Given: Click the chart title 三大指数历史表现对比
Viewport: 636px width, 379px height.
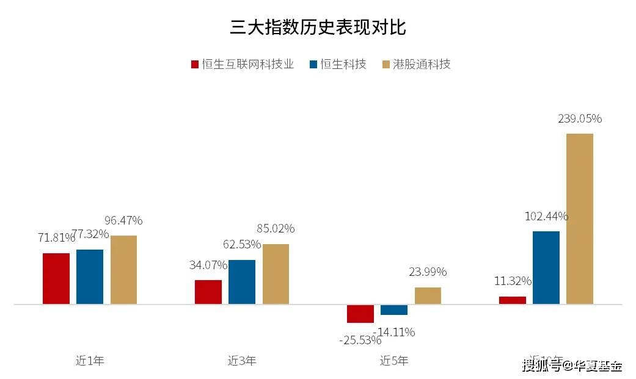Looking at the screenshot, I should pos(318,27).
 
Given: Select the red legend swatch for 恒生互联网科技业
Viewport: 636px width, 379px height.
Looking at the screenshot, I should pos(195,64).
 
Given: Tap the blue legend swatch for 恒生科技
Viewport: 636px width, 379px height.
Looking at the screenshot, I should pos(313,64).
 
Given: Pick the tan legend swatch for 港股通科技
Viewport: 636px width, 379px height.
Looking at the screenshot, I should pos(385,64).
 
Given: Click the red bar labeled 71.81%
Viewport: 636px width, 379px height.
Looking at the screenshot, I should pos(56,278).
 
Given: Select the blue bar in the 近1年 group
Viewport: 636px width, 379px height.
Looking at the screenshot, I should pos(90,276).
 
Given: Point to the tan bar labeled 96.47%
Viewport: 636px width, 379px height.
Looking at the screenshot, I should pos(123,270).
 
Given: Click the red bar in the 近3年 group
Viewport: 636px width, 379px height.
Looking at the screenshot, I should pos(208,292).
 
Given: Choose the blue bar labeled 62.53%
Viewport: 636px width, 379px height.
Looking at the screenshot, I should pos(242,282).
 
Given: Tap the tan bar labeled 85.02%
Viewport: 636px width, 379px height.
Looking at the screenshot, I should pos(276,274).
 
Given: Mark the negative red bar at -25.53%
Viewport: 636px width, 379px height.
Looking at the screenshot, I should pos(360,313).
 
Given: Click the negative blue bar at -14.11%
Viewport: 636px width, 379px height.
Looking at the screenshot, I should pos(394,309).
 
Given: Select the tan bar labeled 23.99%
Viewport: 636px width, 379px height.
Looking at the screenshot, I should pos(428,295).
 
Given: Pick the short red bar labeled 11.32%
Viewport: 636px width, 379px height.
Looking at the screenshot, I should pos(513,300).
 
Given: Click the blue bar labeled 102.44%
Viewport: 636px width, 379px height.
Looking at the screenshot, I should pos(546,267).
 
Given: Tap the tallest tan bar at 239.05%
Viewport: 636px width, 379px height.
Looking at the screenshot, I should pos(580,218).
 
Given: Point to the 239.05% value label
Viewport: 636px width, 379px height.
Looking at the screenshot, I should pos(580,119).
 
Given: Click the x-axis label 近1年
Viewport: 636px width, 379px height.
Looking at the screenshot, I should pos(90,361).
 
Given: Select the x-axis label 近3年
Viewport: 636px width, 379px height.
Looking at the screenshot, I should pos(242,361).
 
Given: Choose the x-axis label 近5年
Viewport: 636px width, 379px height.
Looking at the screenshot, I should pos(394,361).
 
